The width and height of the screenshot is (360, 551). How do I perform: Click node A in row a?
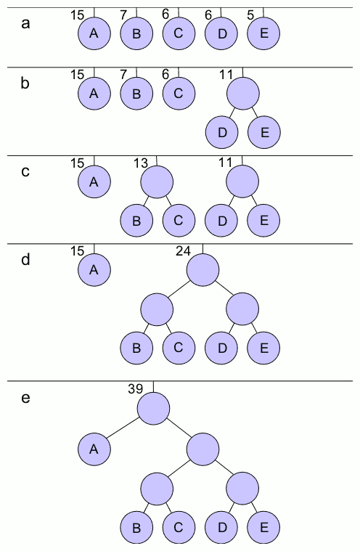click(94, 34)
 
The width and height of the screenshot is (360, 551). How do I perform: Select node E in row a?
click(263, 34)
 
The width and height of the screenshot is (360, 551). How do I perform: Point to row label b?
click(26, 83)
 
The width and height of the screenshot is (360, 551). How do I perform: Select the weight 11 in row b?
click(226, 74)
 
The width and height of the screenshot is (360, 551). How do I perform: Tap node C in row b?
click(179, 93)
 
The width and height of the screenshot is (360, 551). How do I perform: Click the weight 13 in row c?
click(141, 163)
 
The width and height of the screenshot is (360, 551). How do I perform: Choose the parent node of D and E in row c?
click(242, 181)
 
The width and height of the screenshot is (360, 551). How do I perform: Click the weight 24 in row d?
click(183, 250)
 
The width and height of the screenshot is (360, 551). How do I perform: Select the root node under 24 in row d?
click(202, 270)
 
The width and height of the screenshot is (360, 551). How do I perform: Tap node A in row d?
click(94, 270)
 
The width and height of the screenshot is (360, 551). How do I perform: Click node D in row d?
click(221, 347)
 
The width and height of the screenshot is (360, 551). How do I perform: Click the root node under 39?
click(154, 408)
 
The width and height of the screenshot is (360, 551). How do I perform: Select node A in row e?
click(94, 449)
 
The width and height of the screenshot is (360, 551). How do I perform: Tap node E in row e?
click(263, 526)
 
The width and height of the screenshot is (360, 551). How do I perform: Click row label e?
click(26, 398)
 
